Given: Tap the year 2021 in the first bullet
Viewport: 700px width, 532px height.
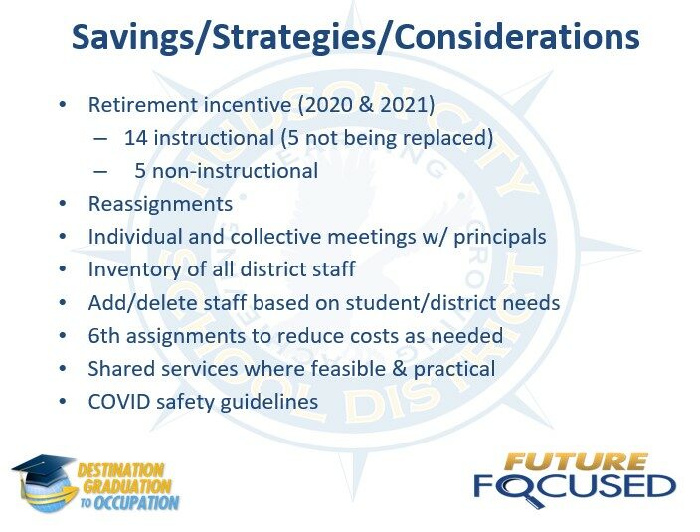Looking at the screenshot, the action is point(404,105).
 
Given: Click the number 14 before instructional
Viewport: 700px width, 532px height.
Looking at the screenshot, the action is point(135,138).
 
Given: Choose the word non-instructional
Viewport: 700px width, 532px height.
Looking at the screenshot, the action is point(236,171).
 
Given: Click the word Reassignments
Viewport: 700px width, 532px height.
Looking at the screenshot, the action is point(160,205).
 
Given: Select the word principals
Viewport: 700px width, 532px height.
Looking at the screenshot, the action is point(500,238).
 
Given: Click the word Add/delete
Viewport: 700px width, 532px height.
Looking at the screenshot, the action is point(143,303).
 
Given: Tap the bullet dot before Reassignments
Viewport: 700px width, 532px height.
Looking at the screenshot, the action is point(62,204).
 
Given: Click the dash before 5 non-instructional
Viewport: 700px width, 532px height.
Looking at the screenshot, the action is point(100,171).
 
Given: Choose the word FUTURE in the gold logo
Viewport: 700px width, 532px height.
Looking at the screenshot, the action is point(576,463).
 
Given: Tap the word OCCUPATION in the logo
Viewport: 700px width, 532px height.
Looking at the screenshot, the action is point(136,503).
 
